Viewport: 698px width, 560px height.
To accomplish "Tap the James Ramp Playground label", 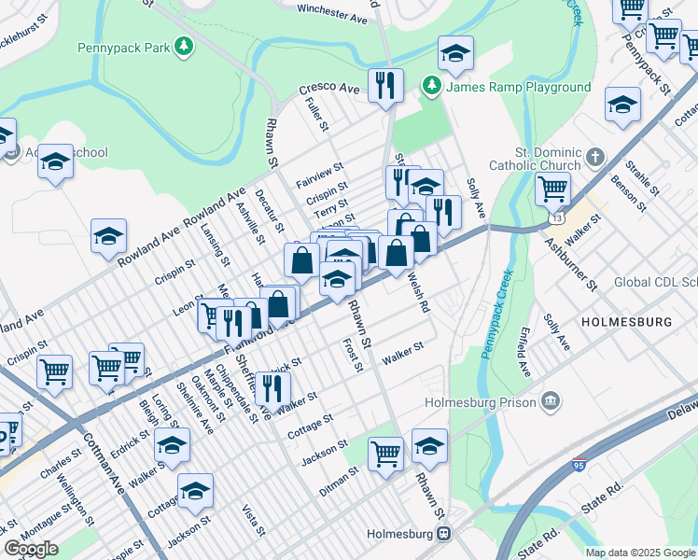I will tap(519, 87).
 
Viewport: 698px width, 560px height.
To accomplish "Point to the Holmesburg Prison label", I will tap(481, 402).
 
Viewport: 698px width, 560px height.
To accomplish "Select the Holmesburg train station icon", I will tap(444, 534).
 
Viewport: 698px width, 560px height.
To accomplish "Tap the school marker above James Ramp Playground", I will tap(455, 53).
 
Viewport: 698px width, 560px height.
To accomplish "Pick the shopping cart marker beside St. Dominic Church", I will tap(552, 188).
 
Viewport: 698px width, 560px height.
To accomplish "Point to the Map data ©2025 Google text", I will tap(641, 553).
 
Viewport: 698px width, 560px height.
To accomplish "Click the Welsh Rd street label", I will tap(417, 295).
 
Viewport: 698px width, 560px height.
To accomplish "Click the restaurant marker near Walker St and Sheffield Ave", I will tap(272, 386).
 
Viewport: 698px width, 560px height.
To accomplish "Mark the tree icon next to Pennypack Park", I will tap(185, 44).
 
